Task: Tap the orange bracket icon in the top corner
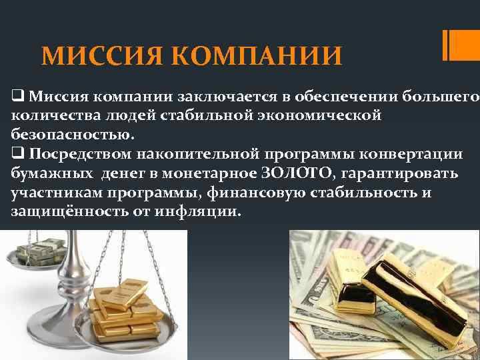coord(455,45)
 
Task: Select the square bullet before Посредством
coord(17,154)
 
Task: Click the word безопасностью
coord(72,135)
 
